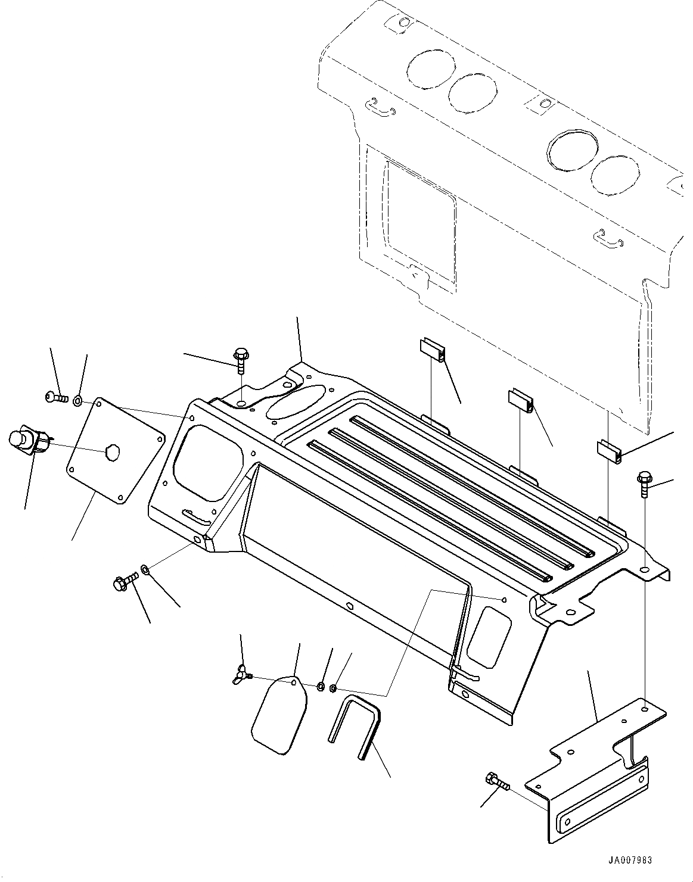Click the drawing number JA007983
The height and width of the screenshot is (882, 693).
coord(630,860)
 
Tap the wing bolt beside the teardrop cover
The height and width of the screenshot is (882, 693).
coord(243,675)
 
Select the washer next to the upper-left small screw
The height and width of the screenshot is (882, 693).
coord(79,400)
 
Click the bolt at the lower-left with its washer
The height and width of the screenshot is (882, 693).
coord(124,581)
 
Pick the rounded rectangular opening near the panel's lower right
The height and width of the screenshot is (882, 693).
coord(488,637)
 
